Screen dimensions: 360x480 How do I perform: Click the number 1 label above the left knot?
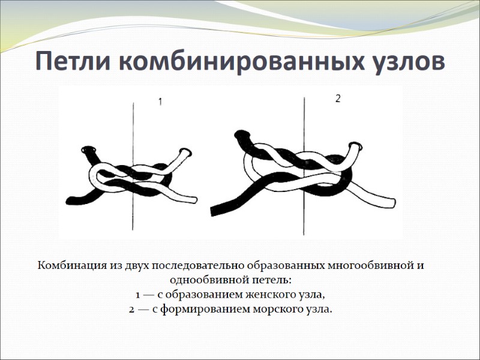[x=160, y=103]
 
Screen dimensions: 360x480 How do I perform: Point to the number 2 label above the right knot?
[x=338, y=99]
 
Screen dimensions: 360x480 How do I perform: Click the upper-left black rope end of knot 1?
[x=89, y=150]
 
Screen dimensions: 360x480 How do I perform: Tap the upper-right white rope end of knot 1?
[x=186, y=154]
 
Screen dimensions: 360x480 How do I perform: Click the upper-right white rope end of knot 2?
[x=356, y=146]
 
